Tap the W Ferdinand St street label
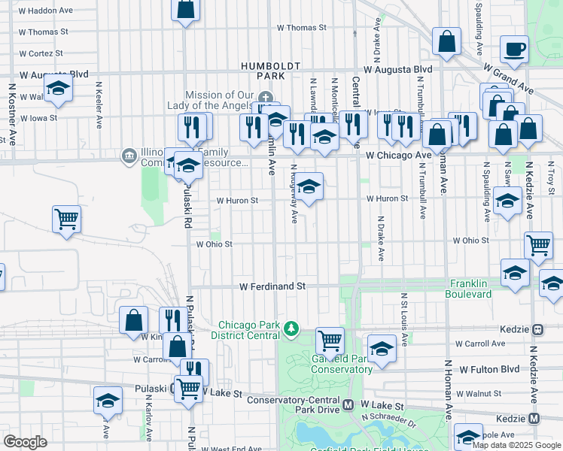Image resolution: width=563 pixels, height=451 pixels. coord(272,286)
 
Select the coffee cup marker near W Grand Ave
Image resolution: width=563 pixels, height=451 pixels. coord(515,50)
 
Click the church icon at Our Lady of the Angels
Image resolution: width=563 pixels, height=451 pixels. coord(265,98)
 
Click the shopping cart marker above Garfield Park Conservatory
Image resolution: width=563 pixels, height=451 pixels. coord(330,341)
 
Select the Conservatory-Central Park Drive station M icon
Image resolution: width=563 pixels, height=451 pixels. coord(348,404)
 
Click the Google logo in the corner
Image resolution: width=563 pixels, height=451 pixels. coord(25,441)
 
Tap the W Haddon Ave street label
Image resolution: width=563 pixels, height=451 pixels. coord(46,11)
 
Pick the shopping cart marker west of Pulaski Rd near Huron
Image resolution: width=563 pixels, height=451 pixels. coord(66,219)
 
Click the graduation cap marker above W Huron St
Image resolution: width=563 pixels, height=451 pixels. coord(308,185)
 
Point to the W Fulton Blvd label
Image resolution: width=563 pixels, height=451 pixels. coord(489,369)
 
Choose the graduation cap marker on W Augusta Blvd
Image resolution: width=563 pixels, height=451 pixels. coord(58,88)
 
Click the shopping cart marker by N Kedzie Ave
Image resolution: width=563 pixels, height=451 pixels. coord(538,244)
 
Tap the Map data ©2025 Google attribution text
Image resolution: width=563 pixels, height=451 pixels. coord(516,445)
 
